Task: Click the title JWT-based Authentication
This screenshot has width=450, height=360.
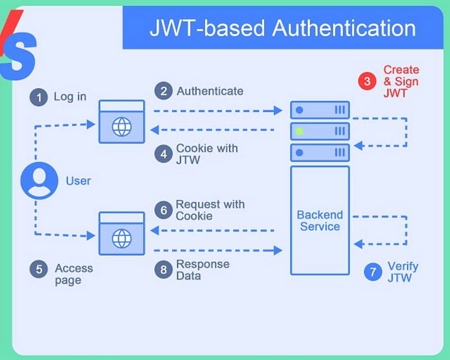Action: (x=282, y=28)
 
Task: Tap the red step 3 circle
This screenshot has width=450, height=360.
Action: (x=367, y=81)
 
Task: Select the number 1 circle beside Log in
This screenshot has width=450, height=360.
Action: (x=39, y=97)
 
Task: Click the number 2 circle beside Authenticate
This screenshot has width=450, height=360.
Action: (x=163, y=91)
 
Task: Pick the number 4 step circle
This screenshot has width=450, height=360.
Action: (x=163, y=154)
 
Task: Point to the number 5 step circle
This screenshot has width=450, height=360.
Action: (x=39, y=269)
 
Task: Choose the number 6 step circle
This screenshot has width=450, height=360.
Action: (x=163, y=210)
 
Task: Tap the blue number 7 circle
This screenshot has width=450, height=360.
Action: (x=372, y=271)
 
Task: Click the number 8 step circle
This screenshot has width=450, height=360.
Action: (x=163, y=269)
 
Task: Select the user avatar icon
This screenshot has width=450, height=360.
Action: (x=39, y=181)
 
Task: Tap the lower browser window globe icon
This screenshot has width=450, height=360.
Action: (x=122, y=239)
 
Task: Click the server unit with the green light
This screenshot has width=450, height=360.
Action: (x=319, y=132)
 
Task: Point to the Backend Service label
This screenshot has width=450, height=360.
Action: (x=319, y=221)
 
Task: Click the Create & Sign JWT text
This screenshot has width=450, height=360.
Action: (x=401, y=81)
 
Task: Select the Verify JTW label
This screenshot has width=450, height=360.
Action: (x=403, y=272)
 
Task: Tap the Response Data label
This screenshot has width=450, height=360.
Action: (x=203, y=270)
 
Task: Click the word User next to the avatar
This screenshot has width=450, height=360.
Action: (x=78, y=181)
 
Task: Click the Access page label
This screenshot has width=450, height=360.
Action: (x=73, y=274)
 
